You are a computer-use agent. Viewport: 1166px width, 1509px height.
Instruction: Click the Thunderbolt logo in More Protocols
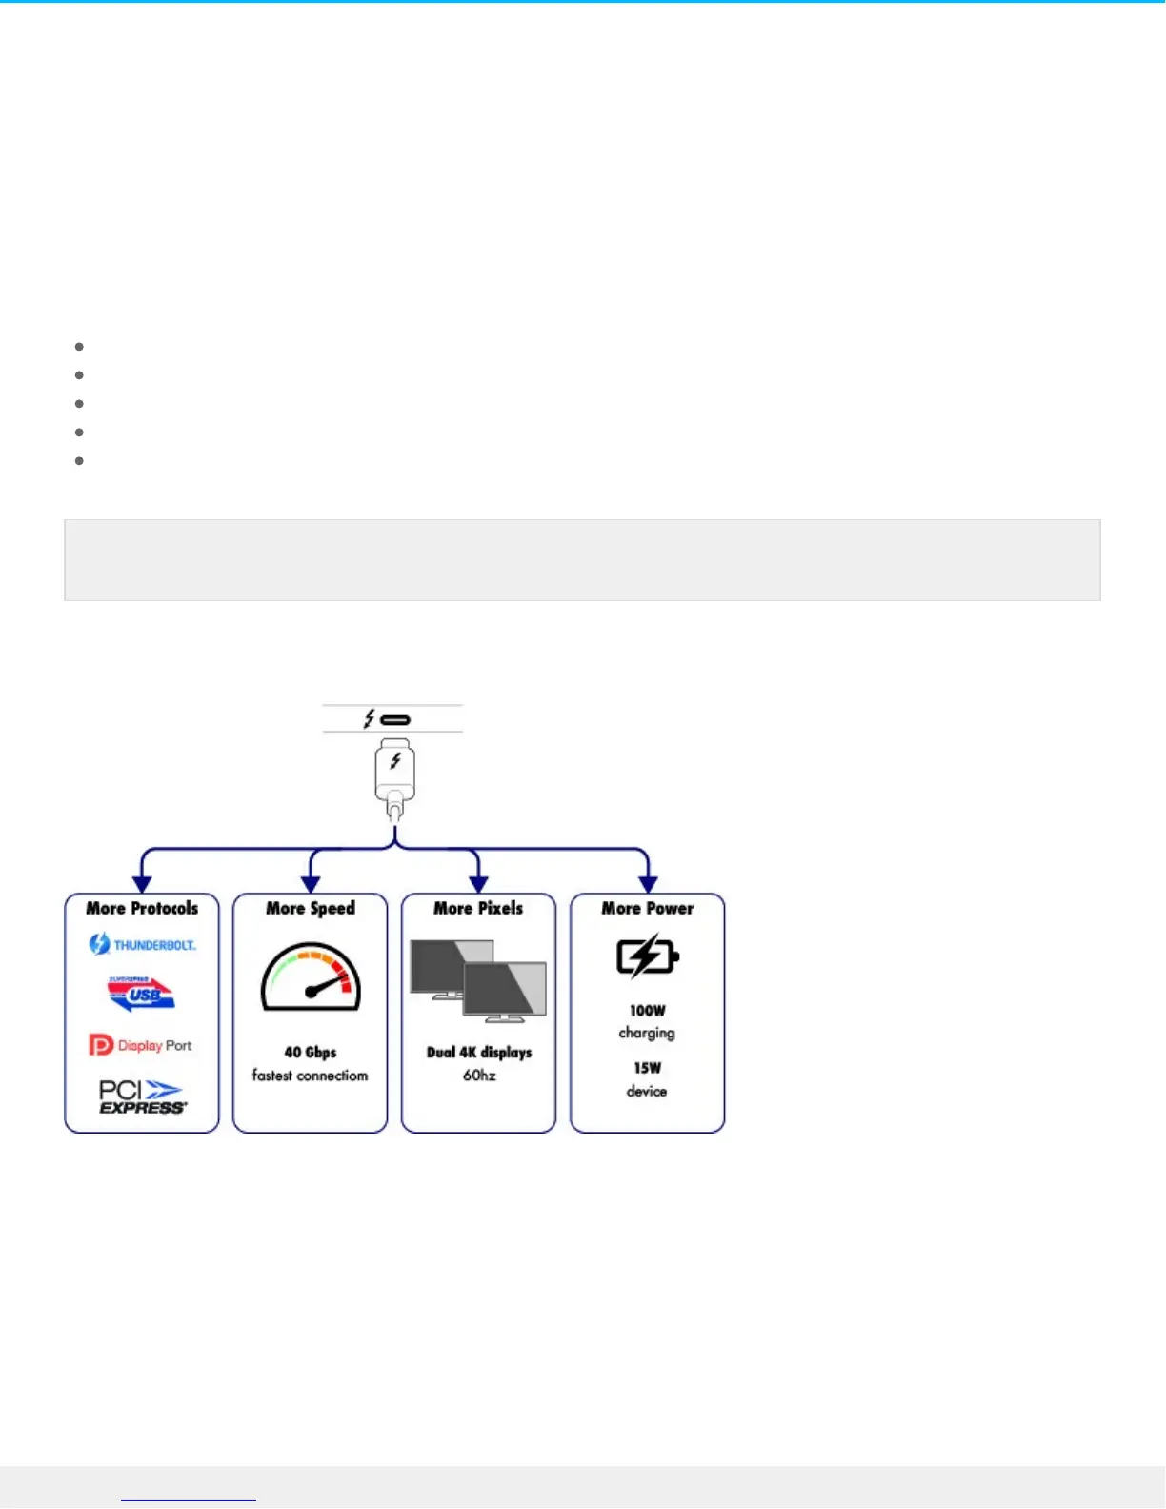click(142, 944)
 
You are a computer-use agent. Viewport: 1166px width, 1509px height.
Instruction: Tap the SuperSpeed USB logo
click(141, 994)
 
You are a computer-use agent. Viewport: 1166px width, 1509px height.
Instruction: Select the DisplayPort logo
click(140, 1045)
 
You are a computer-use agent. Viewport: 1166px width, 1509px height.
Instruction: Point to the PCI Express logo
click(142, 1096)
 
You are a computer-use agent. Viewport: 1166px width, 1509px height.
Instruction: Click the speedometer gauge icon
click(311, 977)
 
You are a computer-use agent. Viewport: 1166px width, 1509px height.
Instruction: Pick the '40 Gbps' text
click(311, 1052)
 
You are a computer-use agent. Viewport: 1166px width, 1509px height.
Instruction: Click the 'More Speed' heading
click(311, 908)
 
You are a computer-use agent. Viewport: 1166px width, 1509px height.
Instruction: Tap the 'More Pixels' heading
click(478, 908)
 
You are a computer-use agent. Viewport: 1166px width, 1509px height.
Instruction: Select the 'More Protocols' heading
click(142, 908)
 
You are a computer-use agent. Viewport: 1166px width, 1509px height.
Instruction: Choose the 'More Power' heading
click(648, 908)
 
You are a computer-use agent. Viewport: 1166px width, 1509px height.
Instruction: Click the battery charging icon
click(647, 956)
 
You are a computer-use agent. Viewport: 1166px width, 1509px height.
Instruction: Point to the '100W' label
click(648, 1010)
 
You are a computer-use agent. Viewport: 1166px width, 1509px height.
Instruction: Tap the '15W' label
click(648, 1068)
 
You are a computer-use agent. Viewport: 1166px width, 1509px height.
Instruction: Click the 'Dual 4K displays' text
click(479, 1052)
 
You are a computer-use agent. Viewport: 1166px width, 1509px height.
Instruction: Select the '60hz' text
click(479, 1076)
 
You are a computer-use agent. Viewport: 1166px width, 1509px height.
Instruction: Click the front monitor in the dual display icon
click(505, 991)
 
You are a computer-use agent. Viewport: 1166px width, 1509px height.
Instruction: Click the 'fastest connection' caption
click(311, 1076)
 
